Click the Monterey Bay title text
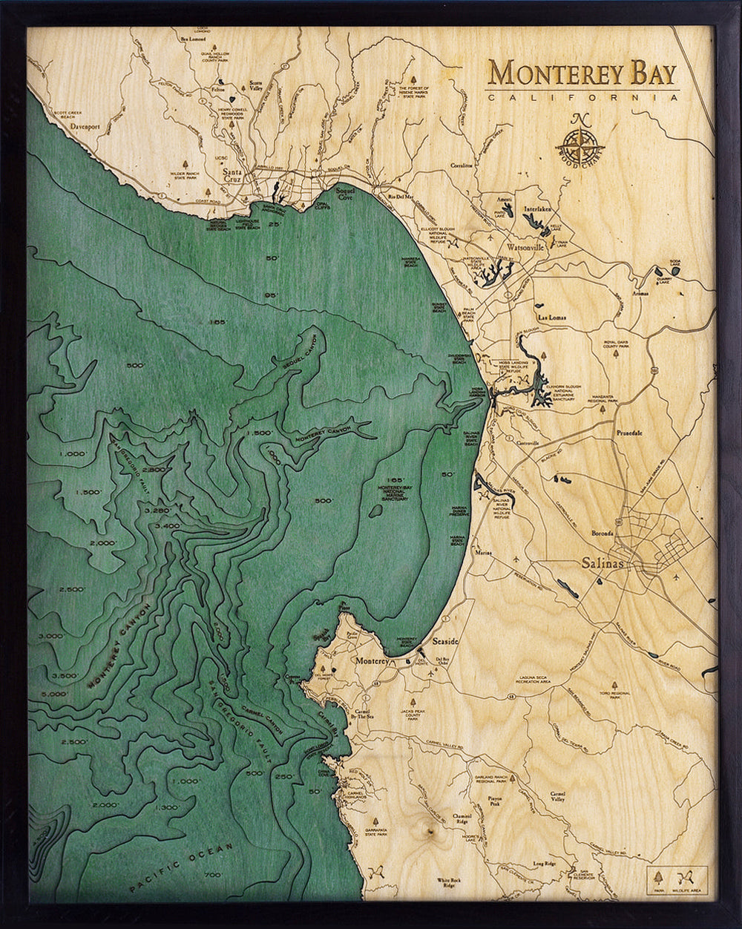point(582,74)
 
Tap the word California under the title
point(582,97)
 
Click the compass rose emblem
point(582,140)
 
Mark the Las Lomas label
point(551,317)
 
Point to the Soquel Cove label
point(346,194)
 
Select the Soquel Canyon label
point(303,355)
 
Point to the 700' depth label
point(212,876)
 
